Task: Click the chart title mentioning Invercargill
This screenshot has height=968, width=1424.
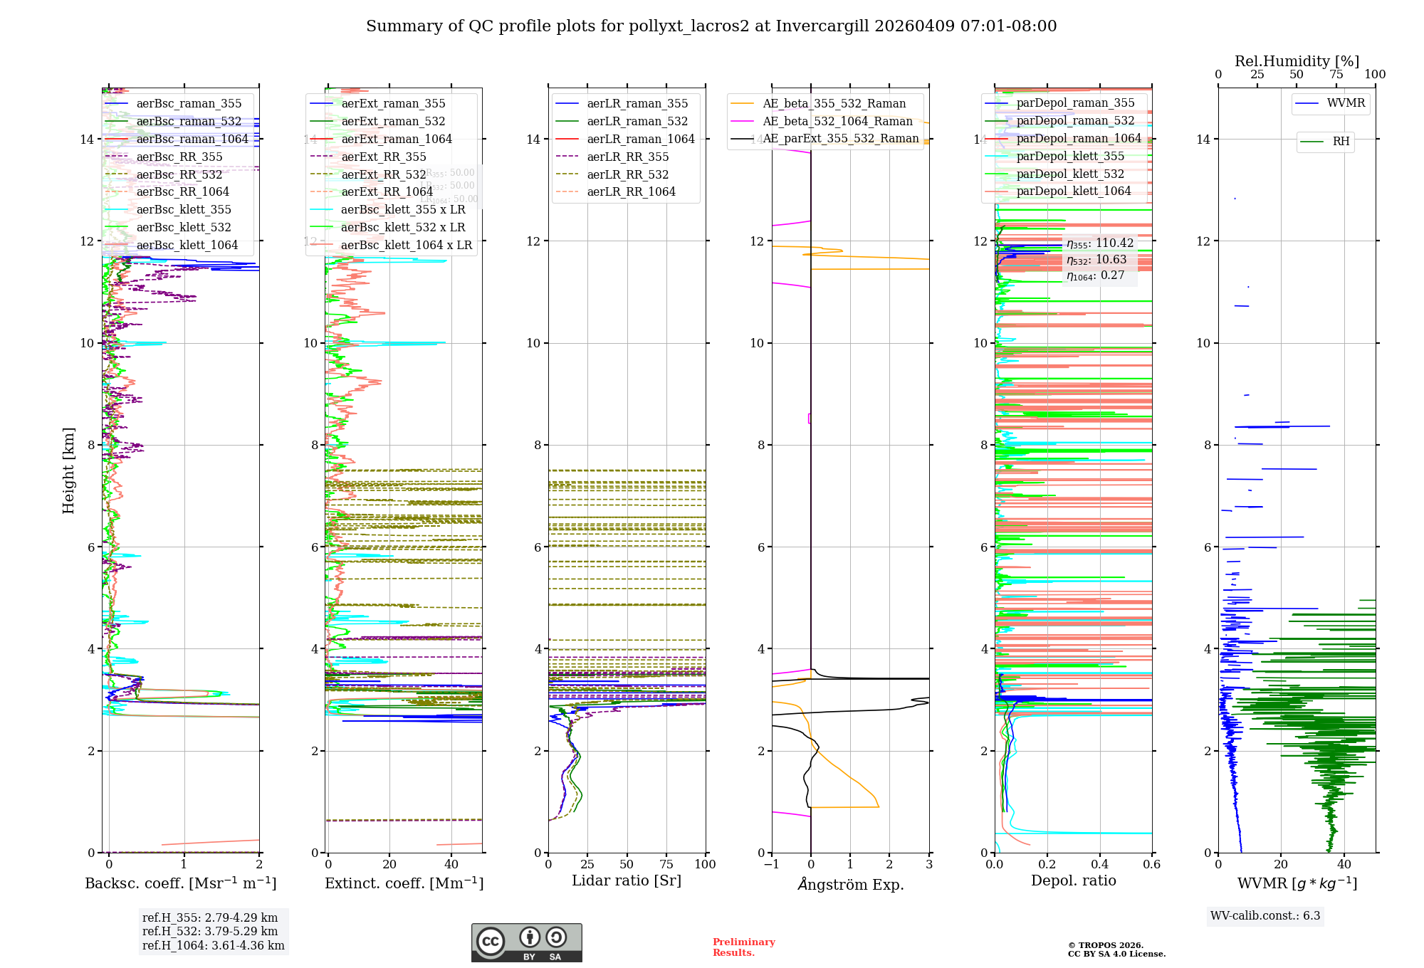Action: [x=711, y=26]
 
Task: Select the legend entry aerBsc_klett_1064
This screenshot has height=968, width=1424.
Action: [x=187, y=245]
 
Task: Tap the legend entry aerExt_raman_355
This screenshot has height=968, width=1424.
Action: [x=393, y=103]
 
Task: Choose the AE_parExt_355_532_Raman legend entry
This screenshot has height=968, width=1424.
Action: [x=840, y=138]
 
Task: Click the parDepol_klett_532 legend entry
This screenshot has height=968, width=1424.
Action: [x=1070, y=174]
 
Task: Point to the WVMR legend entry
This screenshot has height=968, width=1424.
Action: [x=1345, y=103]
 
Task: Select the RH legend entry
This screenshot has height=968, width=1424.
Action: [x=1341, y=142]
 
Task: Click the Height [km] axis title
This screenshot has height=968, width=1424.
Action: [x=68, y=470]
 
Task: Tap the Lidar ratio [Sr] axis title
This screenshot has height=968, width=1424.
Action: [x=627, y=880]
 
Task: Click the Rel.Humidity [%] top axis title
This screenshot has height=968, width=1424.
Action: [x=1297, y=61]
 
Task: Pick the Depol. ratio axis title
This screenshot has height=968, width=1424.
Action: [x=1073, y=880]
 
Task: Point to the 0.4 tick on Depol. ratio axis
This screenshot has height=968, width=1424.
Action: [x=1099, y=864]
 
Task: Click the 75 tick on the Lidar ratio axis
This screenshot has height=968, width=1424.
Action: [x=666, y=864]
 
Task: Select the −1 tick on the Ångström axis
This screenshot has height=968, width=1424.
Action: [x=772, y=864]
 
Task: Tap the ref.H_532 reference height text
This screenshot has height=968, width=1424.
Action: [x=210, y=931]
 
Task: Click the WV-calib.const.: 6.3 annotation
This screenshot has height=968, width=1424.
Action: [x=1265, y=915]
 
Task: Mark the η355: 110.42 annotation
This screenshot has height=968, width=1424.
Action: [x=1099, y=243]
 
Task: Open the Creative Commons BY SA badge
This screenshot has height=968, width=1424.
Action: [x=526, y=943]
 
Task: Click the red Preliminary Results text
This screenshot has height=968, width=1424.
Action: [x=743, y=947]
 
